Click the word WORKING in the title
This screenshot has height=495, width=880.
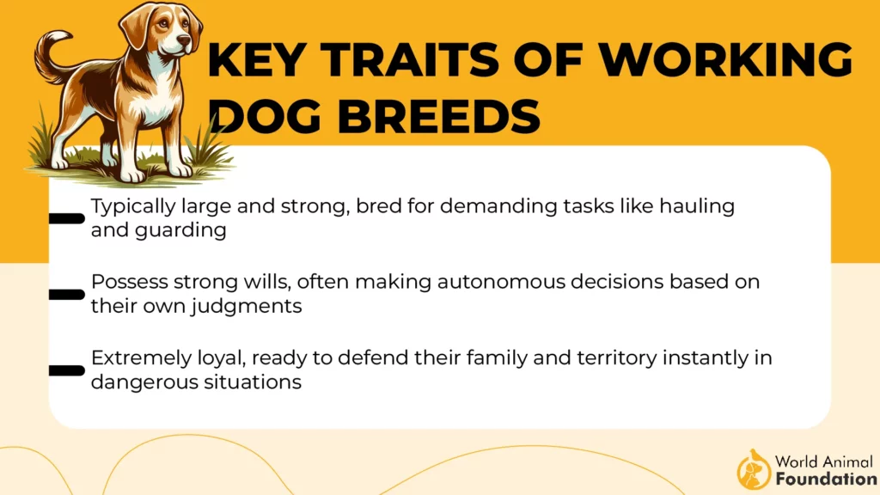pyautogui.click(x=725, y=58)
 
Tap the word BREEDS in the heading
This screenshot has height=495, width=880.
pyautogui.click(x=439, y=116)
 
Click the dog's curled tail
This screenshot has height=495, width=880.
pyautogui.click(x=52, y=56)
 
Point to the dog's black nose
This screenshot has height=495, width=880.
pyautogui.click(x=183, y=40)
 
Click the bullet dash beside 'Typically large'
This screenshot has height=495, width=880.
pyautogui.click(x=67, y=218)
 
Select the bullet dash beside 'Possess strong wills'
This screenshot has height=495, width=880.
pyautogui.click(x=67, y=294)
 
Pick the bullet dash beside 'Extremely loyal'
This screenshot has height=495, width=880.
pyautogui.click(x=67, y=370)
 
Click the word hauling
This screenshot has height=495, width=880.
pyautogui.click(x=697, y=206)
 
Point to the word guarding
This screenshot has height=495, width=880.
pyautogui.click(x=180, y=230)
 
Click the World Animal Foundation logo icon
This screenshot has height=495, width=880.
pyautogui.click(x=754, y=469)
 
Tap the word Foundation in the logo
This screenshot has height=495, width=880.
pyautogui.click(x=826, y=479)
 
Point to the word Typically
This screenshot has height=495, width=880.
pyautogui.click(x=133, y=206)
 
